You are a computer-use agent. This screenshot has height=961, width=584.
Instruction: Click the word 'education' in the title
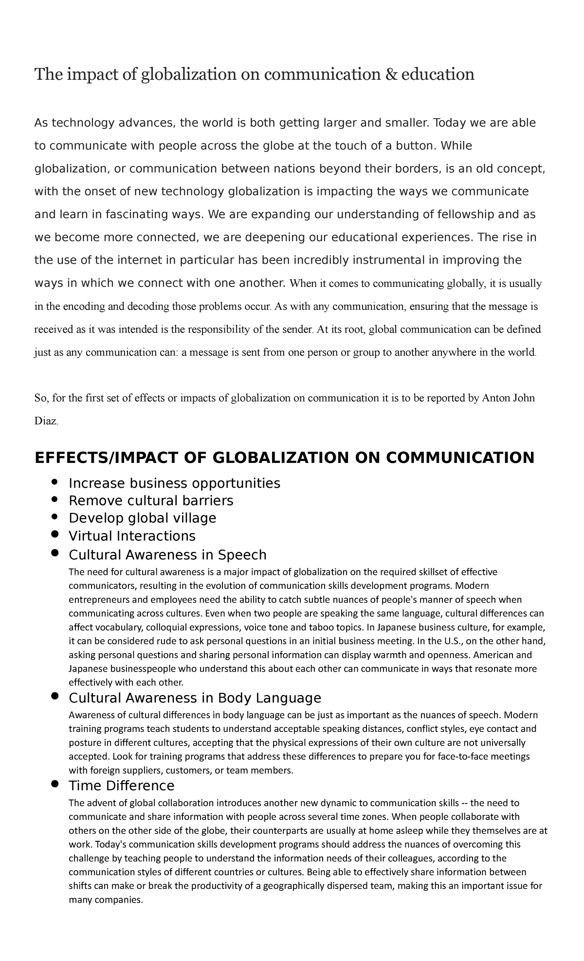(x=438, y=74)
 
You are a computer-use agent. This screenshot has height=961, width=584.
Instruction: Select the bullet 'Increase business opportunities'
(x=174, y=483)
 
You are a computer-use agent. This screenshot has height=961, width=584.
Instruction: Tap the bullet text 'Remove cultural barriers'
(x=151, y=500)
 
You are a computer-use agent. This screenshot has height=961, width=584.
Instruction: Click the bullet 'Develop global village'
(x=142, y=518)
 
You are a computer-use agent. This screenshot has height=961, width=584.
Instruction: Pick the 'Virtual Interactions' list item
(x=132, y=536)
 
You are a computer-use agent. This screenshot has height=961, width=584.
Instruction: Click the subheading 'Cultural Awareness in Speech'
(x=167, y=555)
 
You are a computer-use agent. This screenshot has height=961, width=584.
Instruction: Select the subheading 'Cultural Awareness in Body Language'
(x=195, y=698)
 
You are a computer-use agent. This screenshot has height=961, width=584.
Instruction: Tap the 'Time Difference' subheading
(x=121, y=785)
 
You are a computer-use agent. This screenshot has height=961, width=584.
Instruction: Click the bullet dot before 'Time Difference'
(x=55, y=784)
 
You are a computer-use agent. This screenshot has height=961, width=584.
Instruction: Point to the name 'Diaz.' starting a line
(x=46, y=422)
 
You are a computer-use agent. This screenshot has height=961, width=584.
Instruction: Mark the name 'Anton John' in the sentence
(x=508, y=398)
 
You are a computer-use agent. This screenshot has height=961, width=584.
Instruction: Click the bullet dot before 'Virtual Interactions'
(x=55, y=534)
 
